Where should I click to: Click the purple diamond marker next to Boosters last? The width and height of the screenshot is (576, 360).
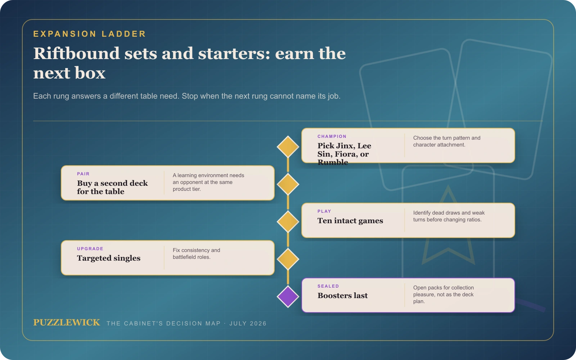click(288, 297)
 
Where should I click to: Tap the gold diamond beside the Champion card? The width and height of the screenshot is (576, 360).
click(288, 147)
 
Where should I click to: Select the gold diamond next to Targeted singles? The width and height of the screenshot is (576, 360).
click(288, 259)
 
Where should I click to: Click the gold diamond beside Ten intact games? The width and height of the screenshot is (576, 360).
click(288, 221)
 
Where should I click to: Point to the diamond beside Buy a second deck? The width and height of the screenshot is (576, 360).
click(288, 184)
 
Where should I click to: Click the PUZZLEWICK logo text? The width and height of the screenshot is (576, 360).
click(67, 323)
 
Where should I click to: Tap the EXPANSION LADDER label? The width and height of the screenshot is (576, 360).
click(90, 34)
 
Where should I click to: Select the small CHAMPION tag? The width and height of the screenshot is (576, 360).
click(332, 136)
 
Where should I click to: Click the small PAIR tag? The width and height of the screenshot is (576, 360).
click(83, 174)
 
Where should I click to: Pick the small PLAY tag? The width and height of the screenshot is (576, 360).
click(324, 211)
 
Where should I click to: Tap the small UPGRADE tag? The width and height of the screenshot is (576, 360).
click(90, 249)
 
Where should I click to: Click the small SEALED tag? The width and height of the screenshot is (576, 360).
click(328, 286)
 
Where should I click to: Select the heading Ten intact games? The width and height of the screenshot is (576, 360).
click(350, 221)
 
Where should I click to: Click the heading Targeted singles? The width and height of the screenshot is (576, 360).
click(109, 258)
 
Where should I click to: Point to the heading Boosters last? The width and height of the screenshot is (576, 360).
click(342, 296)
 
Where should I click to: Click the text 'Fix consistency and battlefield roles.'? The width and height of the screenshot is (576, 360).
click(197, 253)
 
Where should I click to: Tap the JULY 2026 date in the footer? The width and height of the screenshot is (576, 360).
click(248, 324)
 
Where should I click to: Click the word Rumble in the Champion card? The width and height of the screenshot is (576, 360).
click(333, 162)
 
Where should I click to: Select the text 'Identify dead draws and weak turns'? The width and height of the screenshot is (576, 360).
click(449, 216)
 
